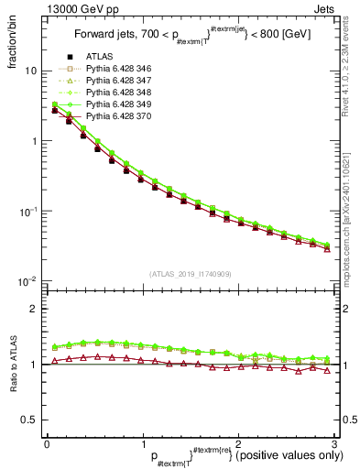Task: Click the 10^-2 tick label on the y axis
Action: coord(30,281)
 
